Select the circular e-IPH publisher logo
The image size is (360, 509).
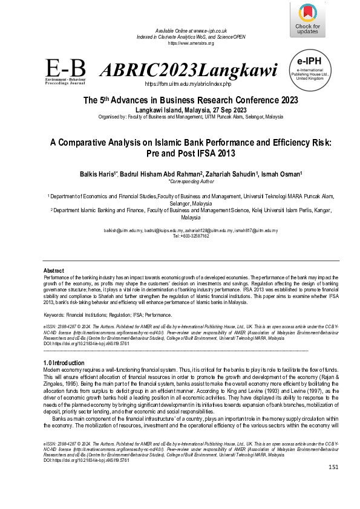click(308, 70)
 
